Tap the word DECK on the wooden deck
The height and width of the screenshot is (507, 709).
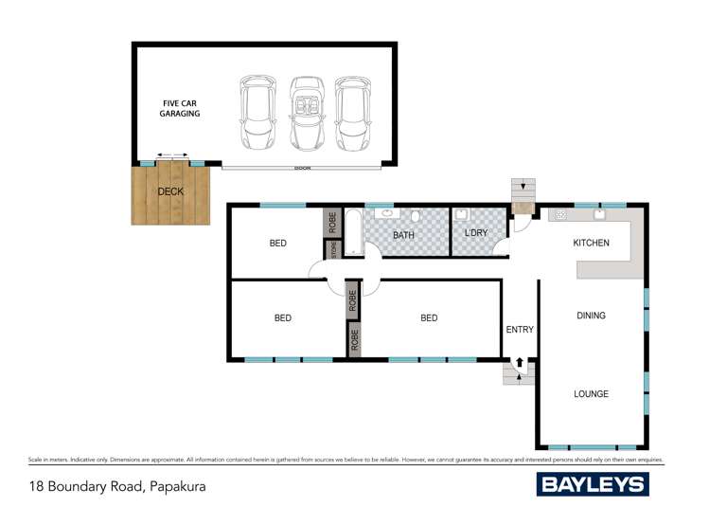[x=170, y=191]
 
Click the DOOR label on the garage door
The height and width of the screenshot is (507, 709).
[x=302, y=168]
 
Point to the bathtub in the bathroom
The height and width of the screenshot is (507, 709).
[x=353, y=233]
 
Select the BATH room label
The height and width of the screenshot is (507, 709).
[x=404, y=236]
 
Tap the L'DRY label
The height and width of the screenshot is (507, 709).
[x=475, y=232]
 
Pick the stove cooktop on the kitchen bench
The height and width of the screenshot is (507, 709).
[x=561, y=215]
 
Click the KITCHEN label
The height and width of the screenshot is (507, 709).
[x=591, y=244]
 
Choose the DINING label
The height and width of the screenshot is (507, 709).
[x=591, y=316]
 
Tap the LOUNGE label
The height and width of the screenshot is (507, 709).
[x=591, y=394]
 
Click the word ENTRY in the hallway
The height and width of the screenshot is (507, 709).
[x=520, y=330]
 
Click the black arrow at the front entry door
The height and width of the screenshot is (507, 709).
[x=519, y=363]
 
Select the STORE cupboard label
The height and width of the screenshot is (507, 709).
[x=332, y=250]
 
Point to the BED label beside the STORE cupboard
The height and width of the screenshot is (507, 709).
[x=277, y=244]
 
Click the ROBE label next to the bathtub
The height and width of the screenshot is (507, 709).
[x=332, y=223]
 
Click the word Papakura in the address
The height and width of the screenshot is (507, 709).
[x=176, y=487]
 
